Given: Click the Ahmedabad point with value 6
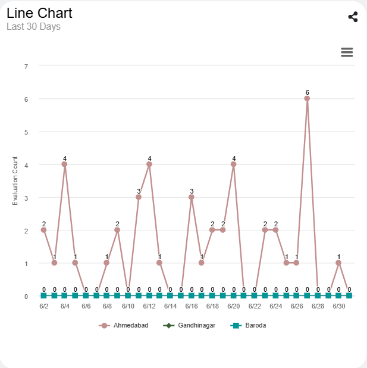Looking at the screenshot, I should [307, 99].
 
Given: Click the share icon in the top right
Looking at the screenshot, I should [353, 17].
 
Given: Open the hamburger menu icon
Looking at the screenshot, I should [347, 52].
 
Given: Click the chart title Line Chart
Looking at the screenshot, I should [39, 13].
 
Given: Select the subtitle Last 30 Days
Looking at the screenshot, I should [33, 27].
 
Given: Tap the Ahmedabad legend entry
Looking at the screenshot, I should [124, 326].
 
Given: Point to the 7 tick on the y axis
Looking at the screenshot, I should [26, 66].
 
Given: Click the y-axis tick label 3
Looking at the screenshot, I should [26, 198].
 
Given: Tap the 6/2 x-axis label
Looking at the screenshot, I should [43, 306].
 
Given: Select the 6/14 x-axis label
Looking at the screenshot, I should [170, 306].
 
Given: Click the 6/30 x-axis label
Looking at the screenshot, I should [338, 306].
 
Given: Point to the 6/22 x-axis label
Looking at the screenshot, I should [255, 306].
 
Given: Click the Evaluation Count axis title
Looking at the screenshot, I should [15, 181].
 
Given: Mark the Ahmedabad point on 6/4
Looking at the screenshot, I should [64, 164].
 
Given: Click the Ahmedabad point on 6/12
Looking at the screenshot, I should [149, 164].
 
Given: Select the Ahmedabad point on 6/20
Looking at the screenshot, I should [233, 164].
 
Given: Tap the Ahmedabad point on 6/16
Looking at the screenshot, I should [191, 197].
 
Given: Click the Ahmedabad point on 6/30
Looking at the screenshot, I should [338, 263].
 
